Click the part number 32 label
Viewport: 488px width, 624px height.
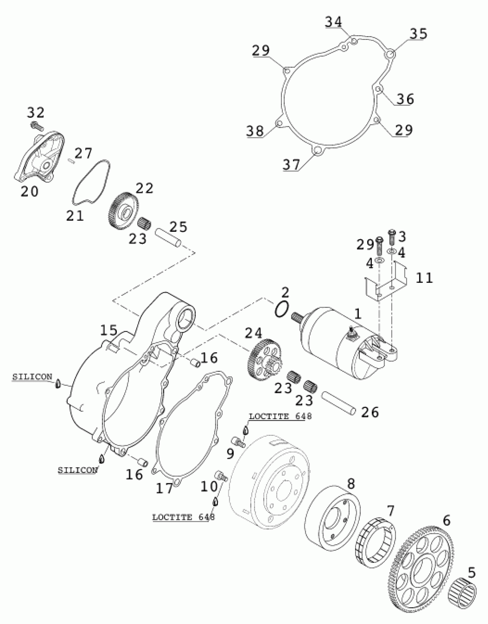[36, 112]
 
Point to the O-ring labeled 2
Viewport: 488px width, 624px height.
[281, 310]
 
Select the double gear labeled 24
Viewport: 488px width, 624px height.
[264, 361]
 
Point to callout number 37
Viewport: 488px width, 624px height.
[291, 165]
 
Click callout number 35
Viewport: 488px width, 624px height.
[418, 34]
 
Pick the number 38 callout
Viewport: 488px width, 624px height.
[255, 131]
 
